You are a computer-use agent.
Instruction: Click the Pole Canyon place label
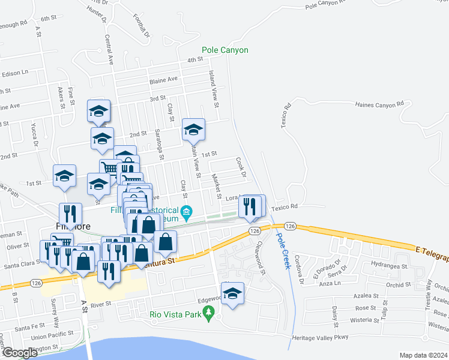224,50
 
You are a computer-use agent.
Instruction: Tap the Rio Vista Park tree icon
209,312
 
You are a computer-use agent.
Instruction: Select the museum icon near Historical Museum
187,211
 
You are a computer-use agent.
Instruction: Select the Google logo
20,353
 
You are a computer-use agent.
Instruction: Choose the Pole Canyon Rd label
327,5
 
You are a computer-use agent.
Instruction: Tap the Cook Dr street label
241,168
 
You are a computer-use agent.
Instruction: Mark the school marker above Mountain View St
194,130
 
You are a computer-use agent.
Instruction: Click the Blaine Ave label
164,79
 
